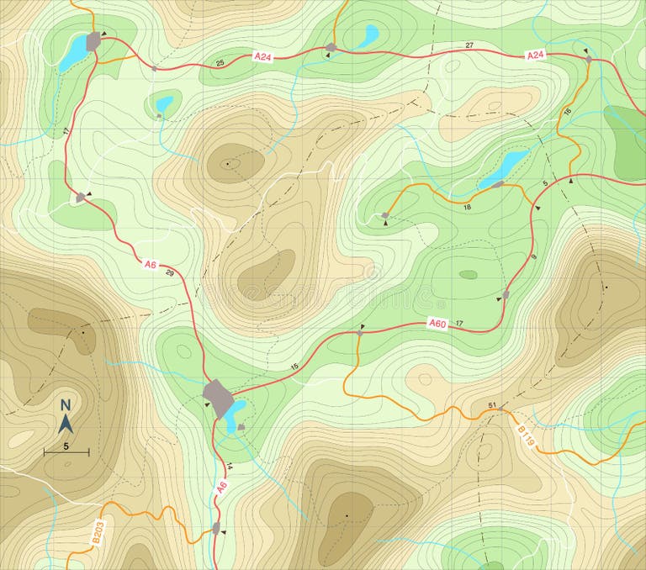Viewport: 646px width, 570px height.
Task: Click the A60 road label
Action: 437,323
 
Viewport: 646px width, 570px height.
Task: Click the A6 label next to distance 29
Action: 151,265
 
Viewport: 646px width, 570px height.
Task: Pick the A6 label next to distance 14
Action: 222,486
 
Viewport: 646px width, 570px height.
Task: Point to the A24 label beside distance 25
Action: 263,56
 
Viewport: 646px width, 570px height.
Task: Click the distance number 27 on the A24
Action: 469,45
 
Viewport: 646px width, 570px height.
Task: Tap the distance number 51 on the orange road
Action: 492,406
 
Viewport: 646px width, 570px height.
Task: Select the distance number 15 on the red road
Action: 294,367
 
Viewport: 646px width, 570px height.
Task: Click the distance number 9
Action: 532,257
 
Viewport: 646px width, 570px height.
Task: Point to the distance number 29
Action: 170,273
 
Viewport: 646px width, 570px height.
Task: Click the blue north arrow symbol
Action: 66,423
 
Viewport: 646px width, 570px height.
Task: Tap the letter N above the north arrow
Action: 66,405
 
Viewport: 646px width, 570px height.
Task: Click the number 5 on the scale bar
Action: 66,446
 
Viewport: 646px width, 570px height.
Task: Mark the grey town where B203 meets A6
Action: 216,528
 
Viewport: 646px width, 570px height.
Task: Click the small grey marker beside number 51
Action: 502,409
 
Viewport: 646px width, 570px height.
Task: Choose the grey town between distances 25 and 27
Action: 331,47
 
